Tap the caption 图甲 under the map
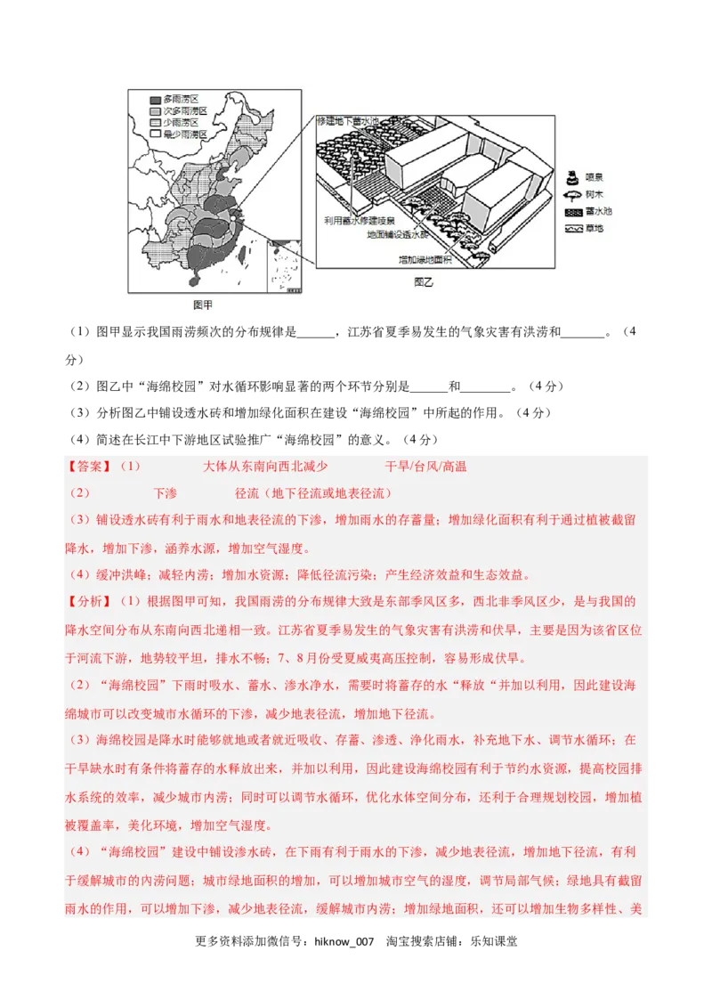click(x=203, y=305)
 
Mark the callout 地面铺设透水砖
click(x=397, y=236)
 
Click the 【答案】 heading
click(x=89, y=467)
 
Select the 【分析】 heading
click(x=89, y=601)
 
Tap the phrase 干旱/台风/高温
click(x=425, y=467)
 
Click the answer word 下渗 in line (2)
click(x=165, y=493)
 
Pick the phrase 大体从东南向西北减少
click(x=265, y=467)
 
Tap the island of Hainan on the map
click(x=195, y=280)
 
